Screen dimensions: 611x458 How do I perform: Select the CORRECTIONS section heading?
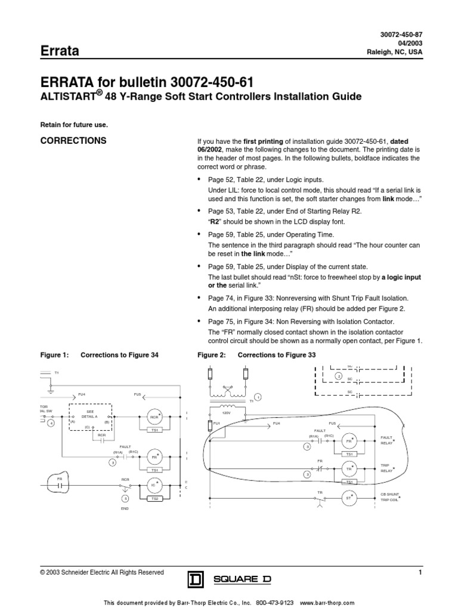tap(73, 141)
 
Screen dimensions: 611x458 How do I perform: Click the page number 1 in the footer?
tap(420, 573)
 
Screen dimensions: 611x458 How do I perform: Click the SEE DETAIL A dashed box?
tap(91, 415)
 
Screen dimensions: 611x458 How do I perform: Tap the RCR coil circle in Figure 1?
tap(154, 416)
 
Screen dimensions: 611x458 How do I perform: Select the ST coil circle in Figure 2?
tap(348, 496)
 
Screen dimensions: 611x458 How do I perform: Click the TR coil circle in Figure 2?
tap(348, 469)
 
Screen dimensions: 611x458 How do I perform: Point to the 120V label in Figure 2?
tap(227, 412)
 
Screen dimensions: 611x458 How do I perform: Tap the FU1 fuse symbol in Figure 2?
tap(210, 425)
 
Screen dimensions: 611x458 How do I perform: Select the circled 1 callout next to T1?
tap(258, 397)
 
